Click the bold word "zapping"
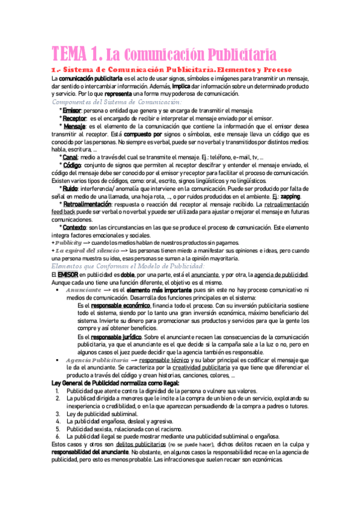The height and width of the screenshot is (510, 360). coord(290,198)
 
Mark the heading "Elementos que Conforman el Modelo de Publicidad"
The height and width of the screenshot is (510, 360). coord(128,266)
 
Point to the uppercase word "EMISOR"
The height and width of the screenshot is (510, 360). coord(62,275)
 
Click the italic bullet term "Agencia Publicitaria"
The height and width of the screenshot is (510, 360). coord(96,360)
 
